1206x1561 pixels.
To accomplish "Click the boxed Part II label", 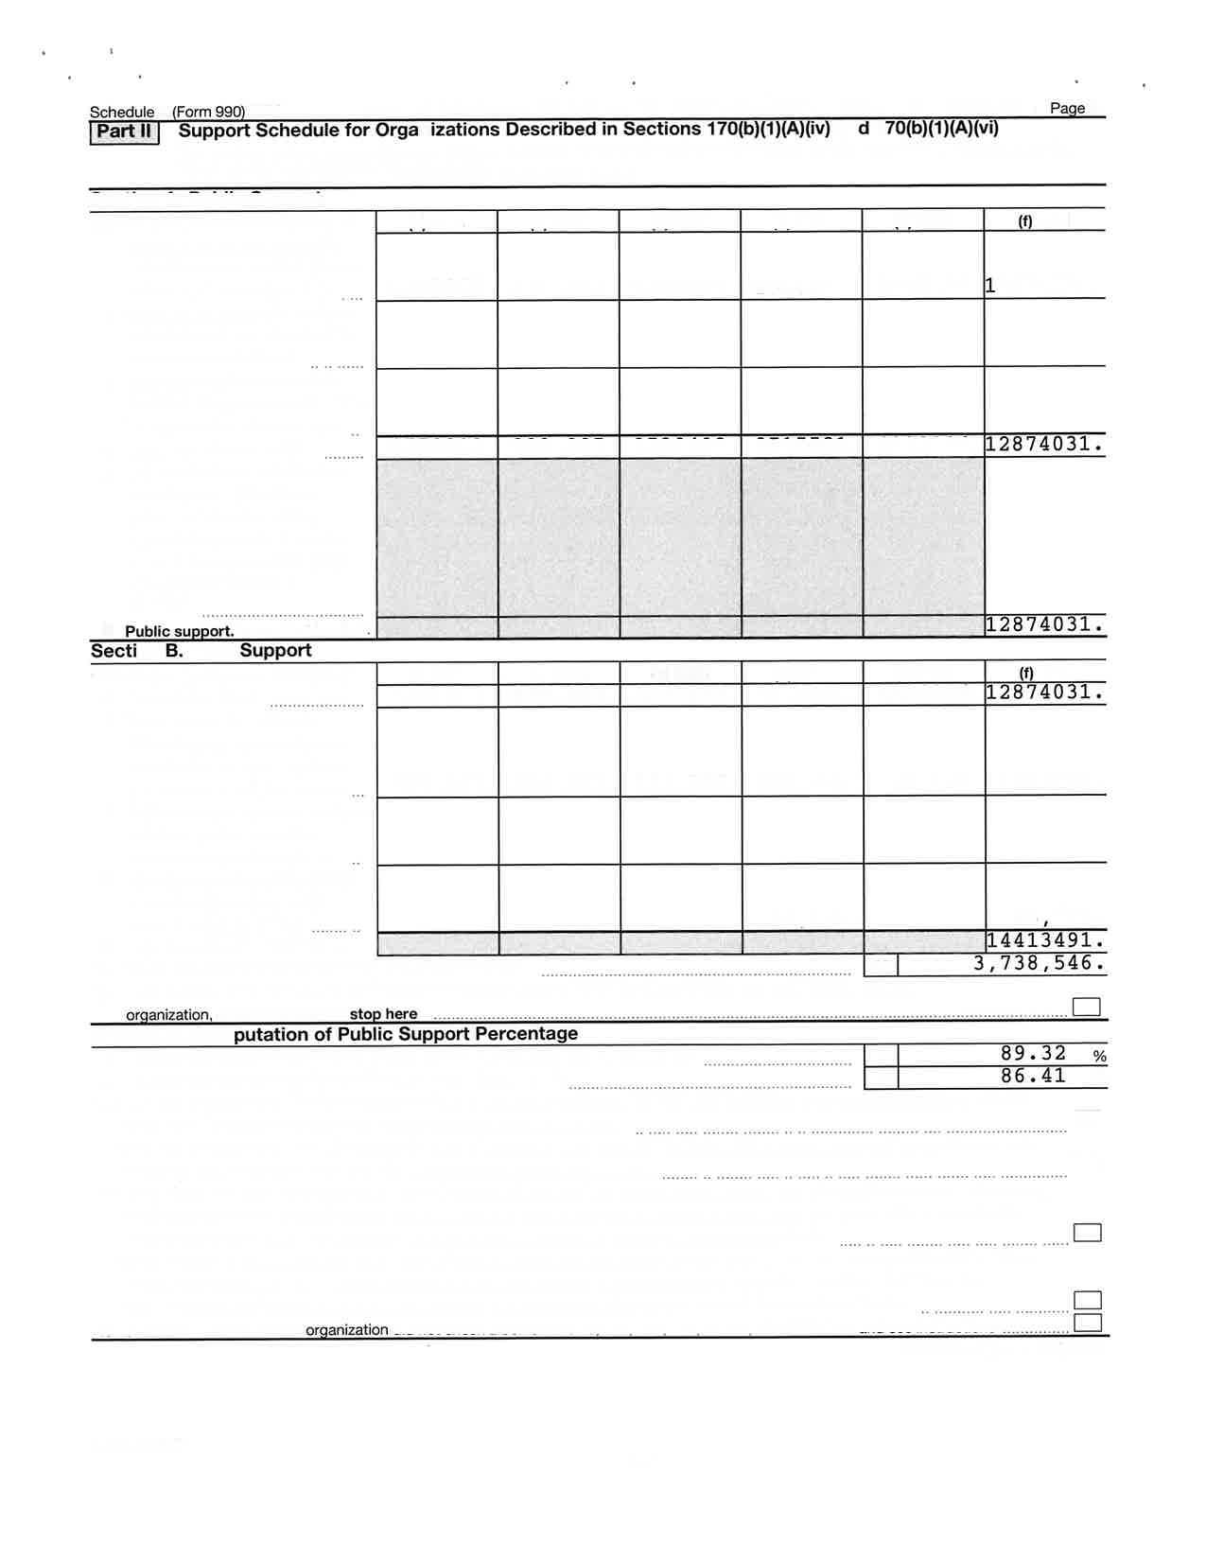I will tap(124, 132).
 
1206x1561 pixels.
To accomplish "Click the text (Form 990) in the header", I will tap(208, 112).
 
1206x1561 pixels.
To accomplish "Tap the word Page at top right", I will tap(1067, 108).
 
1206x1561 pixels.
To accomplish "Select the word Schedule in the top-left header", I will tap(122, 112).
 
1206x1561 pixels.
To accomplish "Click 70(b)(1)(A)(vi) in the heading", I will tap(941, 128).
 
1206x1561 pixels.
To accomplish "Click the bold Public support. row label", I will tap(179, 631).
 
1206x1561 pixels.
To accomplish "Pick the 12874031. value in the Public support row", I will tap(1043, 624).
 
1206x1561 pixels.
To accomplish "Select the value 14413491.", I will tap(1044, 940).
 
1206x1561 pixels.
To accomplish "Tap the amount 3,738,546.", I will tap(1039, 963).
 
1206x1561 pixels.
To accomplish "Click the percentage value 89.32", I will tap(1033, 1053).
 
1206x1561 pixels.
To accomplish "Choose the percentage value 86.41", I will tap(1033, 1076).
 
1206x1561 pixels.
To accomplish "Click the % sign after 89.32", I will tap(1099, 1056).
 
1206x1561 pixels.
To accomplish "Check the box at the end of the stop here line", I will tap(1087, 1007).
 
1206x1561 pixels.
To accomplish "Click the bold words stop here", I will tap(383, 1014).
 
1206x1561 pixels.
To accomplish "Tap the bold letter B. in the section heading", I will tap(174, 651).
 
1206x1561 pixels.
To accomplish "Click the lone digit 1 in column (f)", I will tap(990, 285).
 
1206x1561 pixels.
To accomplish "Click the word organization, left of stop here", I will tap(169, 1015).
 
